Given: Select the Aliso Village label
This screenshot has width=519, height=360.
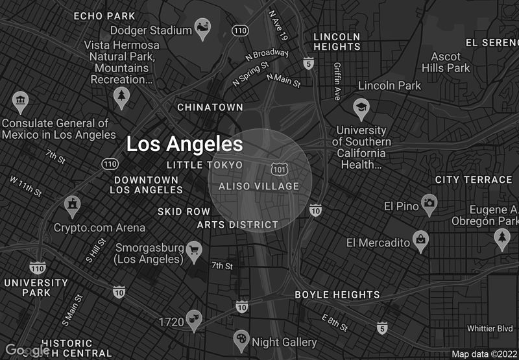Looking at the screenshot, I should (x=259, y=186).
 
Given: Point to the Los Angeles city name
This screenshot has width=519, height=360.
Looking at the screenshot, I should (x=184, y=144).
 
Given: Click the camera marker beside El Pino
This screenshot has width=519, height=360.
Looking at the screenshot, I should (x=429, y=204).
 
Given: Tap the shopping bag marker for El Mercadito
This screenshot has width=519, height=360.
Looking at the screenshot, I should (x=422, y=241).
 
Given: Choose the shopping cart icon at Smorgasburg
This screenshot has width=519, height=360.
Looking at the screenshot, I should (x=194, y=250).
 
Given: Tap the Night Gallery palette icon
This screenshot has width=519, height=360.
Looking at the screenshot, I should (x=241, y=339).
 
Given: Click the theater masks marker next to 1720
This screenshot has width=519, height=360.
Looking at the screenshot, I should (x=193, y=318).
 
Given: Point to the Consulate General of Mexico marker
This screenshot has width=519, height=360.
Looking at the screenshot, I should (x=20, y=101).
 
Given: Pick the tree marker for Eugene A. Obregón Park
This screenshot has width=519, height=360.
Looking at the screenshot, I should (x=501, y=239).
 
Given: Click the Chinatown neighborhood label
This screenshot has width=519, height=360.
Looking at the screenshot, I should (x=210, y=107).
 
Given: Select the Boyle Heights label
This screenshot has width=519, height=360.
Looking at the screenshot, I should (x=337, y=294).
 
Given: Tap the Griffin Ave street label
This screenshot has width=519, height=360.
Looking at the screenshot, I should (x=337, y=80).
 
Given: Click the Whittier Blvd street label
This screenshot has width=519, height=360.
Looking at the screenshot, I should (x=490, y=329).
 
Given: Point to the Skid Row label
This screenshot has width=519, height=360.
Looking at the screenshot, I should (x=184, y=211).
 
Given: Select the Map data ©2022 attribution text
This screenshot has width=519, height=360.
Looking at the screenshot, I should (x=483, y=354).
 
